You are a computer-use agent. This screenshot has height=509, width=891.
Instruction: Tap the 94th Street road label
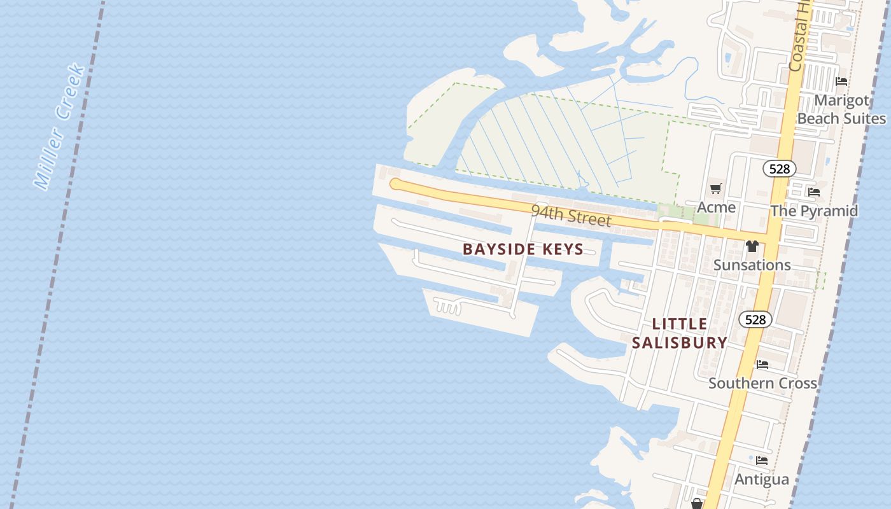point(571,216)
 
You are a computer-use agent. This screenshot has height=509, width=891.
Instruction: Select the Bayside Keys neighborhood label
point(523,249)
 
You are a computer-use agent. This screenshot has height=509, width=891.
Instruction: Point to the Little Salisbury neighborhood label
point(680,333)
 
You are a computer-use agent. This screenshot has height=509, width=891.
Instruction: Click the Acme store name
point(716,207)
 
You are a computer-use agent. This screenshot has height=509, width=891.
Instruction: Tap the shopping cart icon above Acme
point(716,188)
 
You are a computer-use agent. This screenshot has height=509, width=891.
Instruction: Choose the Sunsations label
point(752,265)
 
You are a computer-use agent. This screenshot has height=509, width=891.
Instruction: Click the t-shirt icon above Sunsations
point(752,246)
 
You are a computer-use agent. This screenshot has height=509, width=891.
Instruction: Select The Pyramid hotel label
point(814,211)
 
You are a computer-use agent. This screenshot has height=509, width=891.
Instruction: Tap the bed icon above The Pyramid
point(813,192)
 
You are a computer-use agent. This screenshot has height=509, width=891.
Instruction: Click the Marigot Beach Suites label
point(841,109)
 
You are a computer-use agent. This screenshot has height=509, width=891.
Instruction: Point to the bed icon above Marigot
point(841,81)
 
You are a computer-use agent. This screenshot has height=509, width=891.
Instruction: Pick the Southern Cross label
point(762,383)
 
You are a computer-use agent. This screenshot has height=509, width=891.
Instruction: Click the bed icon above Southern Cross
point(762,365)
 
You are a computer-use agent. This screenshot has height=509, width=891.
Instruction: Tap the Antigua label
point(762,479)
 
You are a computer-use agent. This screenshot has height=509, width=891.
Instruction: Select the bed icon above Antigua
point(762,461)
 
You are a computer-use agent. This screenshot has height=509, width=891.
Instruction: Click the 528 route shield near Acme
point(780,169)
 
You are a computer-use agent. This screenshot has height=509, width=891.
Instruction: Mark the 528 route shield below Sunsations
point(755,319)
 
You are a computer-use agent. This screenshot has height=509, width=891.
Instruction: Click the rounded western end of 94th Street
point(396,184)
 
